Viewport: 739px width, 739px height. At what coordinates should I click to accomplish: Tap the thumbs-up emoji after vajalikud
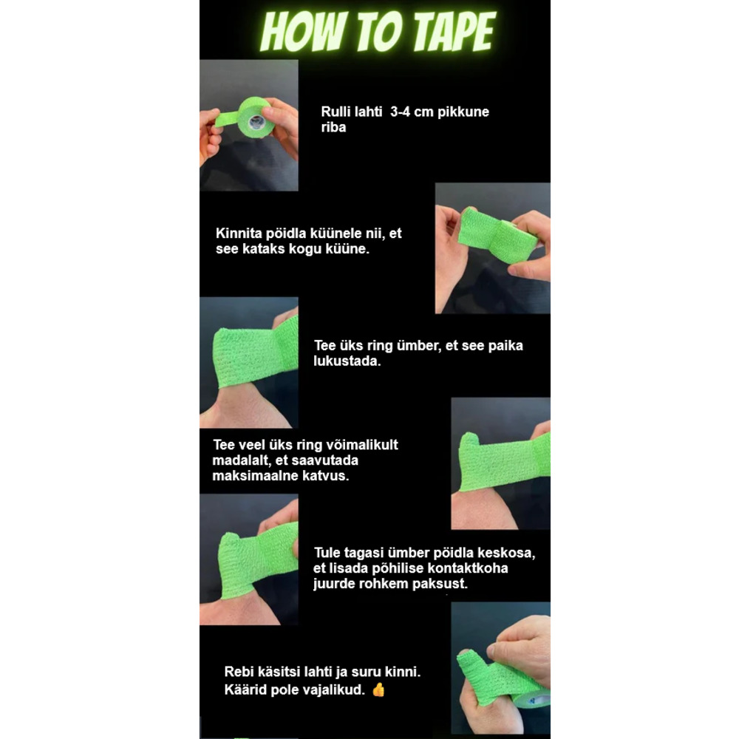pyautogui.click(x=378, y=690)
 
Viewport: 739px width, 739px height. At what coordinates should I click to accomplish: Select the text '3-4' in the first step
pyautogui.click(x=400, y=112)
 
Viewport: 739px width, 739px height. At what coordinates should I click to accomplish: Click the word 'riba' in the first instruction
pyautogui.click(x=333, y=127)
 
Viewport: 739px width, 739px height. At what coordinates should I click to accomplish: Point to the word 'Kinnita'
pyautogui.click(x=239, y=234)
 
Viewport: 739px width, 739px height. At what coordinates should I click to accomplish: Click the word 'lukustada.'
pyautogui.click(x=347, y=361)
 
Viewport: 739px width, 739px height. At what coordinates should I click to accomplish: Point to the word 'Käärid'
pyautogui.click(x=244, y=690)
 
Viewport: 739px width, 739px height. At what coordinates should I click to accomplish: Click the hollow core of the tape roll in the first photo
pyautogui.click(x=256, y=123)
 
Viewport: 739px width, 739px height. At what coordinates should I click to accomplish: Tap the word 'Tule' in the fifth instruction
pyautogui.click(x=327, y=552)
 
